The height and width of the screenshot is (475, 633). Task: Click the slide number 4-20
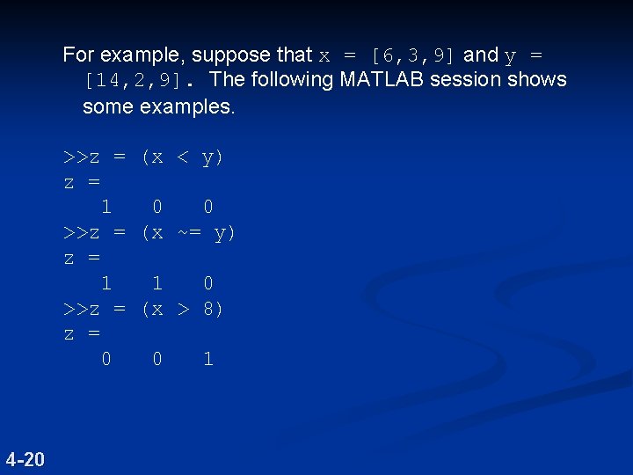tap(25, 458)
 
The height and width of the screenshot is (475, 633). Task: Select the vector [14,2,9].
tap(133, 81)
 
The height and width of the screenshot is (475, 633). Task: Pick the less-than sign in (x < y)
tap(183, 158)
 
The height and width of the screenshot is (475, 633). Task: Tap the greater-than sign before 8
tap(183, 310)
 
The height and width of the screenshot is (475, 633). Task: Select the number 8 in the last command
tap(207, 310)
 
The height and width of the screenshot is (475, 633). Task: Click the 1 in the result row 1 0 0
tap(106, 208)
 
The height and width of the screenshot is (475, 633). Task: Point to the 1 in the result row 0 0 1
tap(207, 359)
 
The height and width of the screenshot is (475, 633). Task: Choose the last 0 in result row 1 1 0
tap(207, 283)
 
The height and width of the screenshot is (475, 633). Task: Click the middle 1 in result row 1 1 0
tap(157, 283)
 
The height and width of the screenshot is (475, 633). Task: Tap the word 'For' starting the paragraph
tap(79, 55)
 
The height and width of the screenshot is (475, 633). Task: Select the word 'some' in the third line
tap(106, 106)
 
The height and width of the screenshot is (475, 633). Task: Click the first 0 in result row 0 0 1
tap(106, 359)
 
